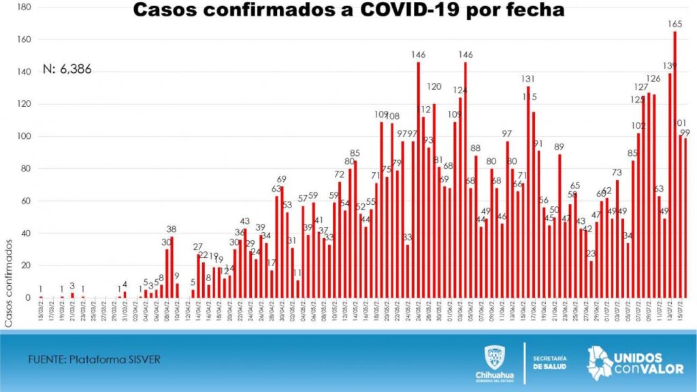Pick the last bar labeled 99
tap(685, 218)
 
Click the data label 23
tap(591, 254)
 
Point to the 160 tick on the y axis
tap(25, 39)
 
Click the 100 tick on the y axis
tap(25, 136)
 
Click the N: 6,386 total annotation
tap(67, 69)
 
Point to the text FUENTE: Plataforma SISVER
tap(94, 359)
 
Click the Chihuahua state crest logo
tap(493, 358)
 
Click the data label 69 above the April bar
tap(281, 179)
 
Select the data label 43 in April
tap(245, 221)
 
